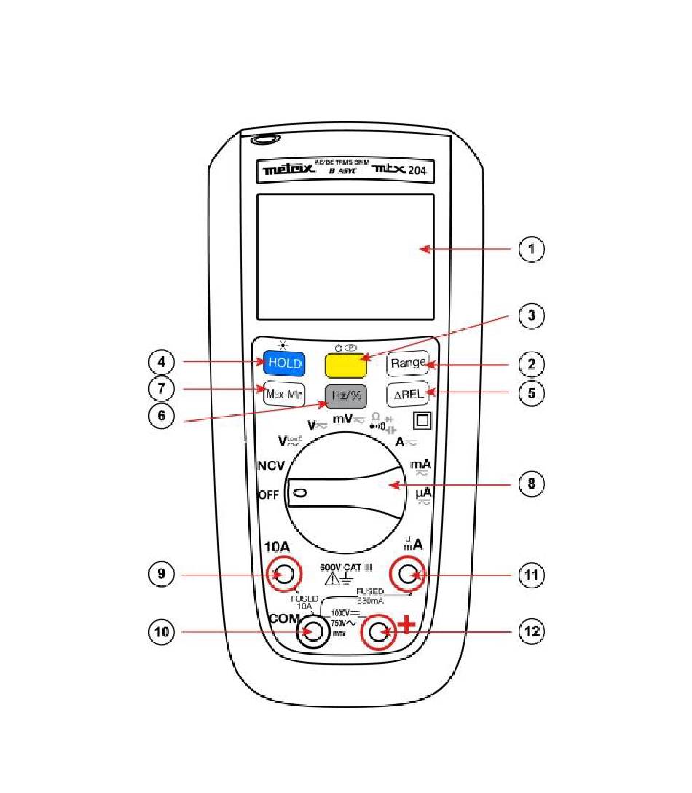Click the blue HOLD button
point(283,363)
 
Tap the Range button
point(407,363)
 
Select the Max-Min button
point(284,394)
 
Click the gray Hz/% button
point(346,395)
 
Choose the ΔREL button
point(407,394)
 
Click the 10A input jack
point(283,575)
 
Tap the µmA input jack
point(408,575)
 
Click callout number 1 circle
point(532,250)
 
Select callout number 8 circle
point(532,484)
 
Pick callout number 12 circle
point(532,631)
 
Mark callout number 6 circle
point(161,415)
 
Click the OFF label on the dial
point(269,495)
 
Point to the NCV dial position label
point(270,466)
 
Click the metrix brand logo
point(288,171)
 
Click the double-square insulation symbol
point(421,419)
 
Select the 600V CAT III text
point(346,567)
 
